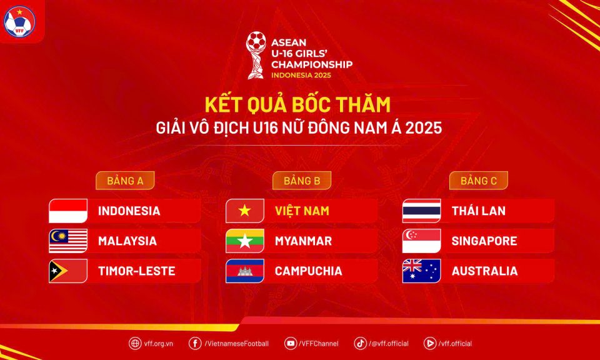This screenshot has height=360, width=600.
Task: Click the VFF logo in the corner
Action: pyautogui.click(x=19, y=21)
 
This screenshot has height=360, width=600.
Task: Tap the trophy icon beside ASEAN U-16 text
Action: pyautogui.click(x=256, y=55)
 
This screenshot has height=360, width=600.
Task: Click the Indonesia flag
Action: pyautogui.click(x=68, y=211)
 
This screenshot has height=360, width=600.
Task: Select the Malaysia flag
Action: pyautogui.click(x=68, y=241)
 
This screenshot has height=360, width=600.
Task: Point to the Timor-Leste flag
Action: pyautogui.click(x=68, y=271)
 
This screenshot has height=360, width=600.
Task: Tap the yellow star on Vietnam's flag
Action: pyautogui.click(x=244, y=211)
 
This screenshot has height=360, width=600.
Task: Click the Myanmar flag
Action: pyautogui.click(x=245, y=241)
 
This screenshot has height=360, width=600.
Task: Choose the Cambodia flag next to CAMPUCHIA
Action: pyautogui.click(x=245, y=271)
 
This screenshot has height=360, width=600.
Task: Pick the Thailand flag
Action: pyautogui.click(x=422, y=211)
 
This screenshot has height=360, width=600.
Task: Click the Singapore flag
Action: pyautogui.click(x=422, y=241)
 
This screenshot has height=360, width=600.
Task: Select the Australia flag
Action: pyautogui.click(x=422, y=271)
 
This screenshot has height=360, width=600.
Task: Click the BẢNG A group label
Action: pyautogui.click(x=125, y=181)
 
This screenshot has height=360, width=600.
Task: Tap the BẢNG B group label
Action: pyautogui.click(x=301, y=181)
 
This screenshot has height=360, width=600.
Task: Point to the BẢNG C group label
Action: pyautogui.click(x=479, y=181)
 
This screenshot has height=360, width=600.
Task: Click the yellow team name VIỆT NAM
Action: pyautogui.click(x=302, y=211)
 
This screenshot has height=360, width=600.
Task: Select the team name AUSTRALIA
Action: pyautogui.click(x=484, y=271)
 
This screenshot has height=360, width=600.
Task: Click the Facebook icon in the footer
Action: pyautogui.click(x=195, y=343)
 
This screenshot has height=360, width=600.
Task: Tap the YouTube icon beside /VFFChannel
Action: pyautogui.click(x=291, y=343)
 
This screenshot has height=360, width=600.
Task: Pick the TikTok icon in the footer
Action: pyautogui.click(x=360, y=343)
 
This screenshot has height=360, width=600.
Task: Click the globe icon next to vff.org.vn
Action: pyautogui.click(x=135, y=343)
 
